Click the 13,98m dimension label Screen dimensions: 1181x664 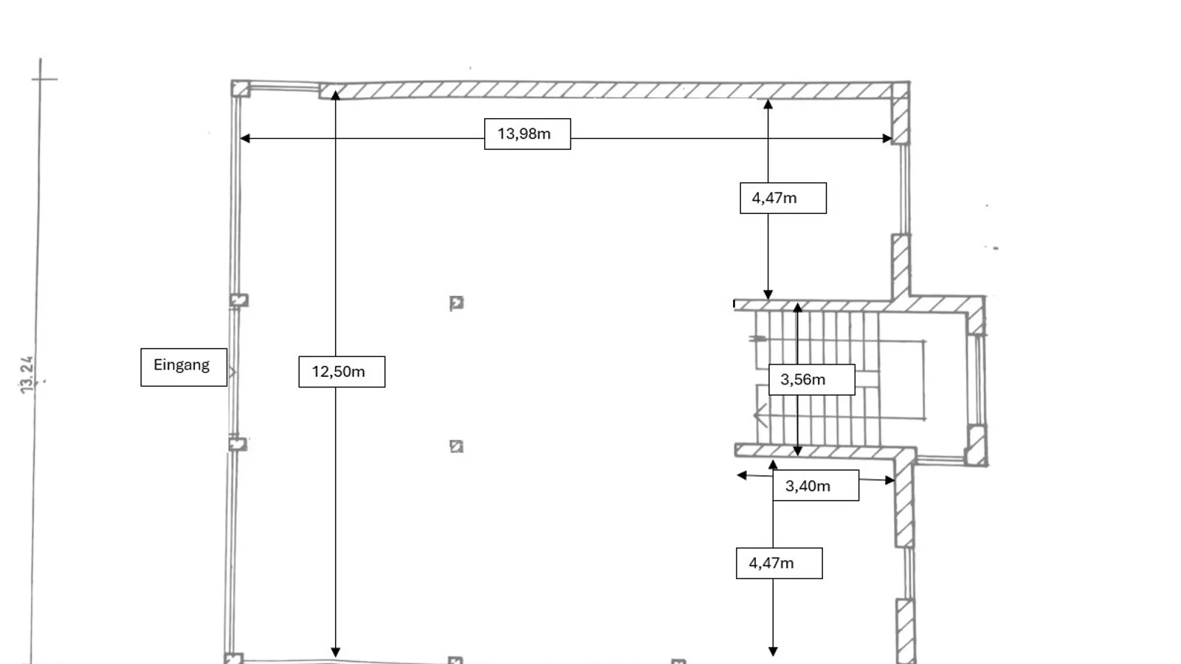pos(527,134)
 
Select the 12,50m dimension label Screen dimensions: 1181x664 pos(342,372)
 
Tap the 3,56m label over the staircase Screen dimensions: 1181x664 pos(812,379)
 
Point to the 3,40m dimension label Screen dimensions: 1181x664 pos(816,485)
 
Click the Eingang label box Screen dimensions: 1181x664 pos(184,367)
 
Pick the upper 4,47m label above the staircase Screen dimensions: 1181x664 pos(783,198)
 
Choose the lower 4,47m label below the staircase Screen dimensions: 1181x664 pos(779,564)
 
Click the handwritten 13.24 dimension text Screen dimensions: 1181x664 pos(27,375)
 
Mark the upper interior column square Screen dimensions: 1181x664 pos(457,303)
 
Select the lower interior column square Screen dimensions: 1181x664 pos(457,447)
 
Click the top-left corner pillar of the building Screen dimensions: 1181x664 pos(241,89)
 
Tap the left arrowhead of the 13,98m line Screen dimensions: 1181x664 pos(244,139)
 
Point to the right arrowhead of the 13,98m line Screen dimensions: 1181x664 pos(887,139)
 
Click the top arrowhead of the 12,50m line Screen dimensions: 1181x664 pos(335,95)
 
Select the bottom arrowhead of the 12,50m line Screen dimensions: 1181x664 pos(335,652)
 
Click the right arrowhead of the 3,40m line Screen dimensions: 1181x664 pos(890,480)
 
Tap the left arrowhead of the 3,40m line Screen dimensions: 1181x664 pos(741,475)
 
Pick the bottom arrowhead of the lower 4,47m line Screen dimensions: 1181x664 pos(773,652)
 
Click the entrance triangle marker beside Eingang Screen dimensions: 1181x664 pos(232,373)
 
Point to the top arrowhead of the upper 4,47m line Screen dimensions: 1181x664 pos(768,104)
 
